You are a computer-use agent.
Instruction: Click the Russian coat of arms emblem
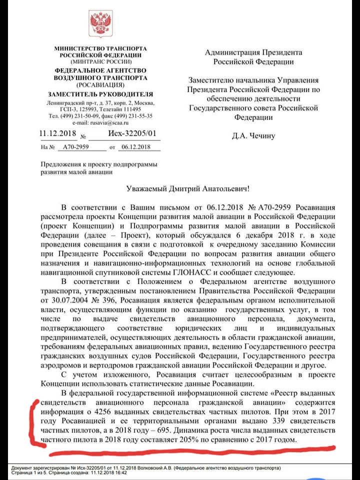101,23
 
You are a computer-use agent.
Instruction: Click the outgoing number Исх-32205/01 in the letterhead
131,133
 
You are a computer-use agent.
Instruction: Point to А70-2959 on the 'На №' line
73,147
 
